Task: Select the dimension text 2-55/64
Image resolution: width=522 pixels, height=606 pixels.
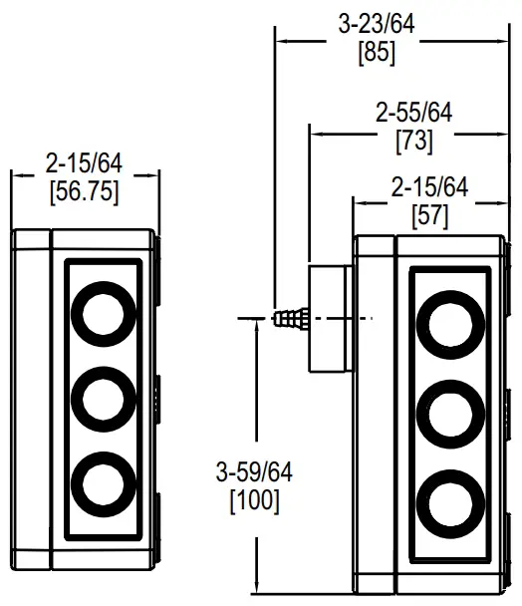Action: point(413,114)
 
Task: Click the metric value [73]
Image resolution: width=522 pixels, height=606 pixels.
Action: point(413,141)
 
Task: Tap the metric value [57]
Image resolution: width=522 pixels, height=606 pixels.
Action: point(429,213)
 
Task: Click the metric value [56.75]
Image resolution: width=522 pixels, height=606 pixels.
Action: point(84,192)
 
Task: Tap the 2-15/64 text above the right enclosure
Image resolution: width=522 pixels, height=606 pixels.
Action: point(429,187)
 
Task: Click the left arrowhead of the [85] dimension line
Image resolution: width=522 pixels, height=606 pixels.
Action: point(280,42)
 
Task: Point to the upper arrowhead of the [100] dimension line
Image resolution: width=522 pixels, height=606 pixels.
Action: point(257,325)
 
